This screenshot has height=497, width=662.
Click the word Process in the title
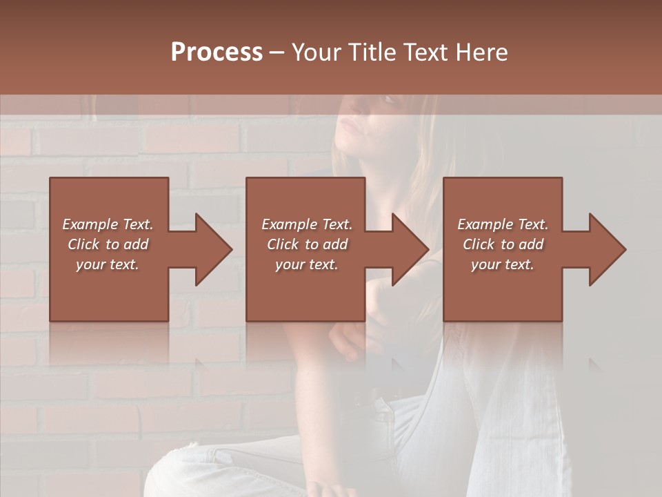[x=217, y=52]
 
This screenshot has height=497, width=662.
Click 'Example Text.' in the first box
[x=108, y=224]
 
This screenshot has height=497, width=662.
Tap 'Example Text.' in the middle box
[x=307, y=224]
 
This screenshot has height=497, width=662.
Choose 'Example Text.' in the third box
[x=503, y=224]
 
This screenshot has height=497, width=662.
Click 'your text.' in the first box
[x=108, y=264]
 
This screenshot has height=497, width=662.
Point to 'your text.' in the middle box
[x=307, y=264]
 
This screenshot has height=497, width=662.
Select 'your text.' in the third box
[x=503, y=264]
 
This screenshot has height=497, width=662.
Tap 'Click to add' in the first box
[x=108, y=244]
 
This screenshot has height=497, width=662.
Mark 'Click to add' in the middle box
[x=307, y=244]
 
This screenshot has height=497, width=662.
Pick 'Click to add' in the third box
[x=503, y=244]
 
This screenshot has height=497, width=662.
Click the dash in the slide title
[x=277, y=52]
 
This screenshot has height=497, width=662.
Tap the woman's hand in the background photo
[x=345, y=338]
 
